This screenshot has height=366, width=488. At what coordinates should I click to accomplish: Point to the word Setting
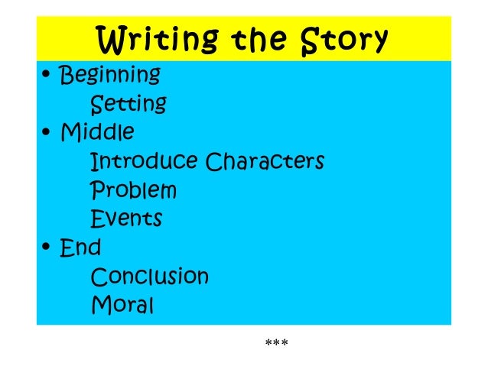pos(129,103)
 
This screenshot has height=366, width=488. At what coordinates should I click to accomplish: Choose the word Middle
pos(97,132)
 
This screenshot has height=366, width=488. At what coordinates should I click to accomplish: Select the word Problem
pos(133,190)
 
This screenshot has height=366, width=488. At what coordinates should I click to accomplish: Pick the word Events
pos(126,219)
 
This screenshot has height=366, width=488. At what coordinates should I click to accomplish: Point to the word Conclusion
pos(149,276)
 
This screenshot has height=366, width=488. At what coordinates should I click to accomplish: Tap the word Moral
pos(122,305)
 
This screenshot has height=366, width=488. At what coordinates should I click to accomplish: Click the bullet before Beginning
pos(47,76)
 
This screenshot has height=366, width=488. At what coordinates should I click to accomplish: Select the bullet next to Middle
pos(47,133)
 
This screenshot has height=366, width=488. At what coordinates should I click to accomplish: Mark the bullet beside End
pos(47,248)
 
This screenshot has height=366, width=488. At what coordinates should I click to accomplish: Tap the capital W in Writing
pos(109,37)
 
